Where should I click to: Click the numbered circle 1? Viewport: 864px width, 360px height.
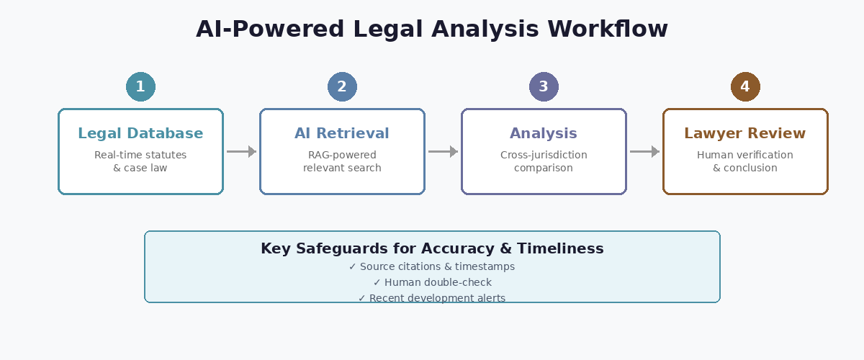click(x=140, y=87)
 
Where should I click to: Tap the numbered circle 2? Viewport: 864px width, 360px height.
click(x=342, y=87)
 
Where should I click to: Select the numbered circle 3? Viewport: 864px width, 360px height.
click(x=544, y=87)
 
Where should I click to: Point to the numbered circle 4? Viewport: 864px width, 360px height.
click(x=745, y=87)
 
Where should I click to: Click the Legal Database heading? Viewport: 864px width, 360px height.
click(x=140, y=133)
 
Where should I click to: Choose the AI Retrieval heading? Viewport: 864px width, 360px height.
click(x=342, y=133)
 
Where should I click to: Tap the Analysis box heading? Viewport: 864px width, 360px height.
click(x=544, y=133)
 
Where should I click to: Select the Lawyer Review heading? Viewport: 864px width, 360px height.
click(x=745, y=133)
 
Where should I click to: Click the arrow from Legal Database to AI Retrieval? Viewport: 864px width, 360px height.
click(x=241, y=151)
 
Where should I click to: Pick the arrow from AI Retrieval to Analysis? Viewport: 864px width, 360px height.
click(x=443, y=151)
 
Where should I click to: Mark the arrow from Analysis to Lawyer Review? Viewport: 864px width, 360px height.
click(x=644, y=151)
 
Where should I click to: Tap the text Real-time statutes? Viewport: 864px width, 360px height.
click(x=140, y=155)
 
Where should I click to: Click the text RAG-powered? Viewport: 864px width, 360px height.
click(x=342, y=155)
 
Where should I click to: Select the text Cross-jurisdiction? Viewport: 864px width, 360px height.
click(x=544, y=155)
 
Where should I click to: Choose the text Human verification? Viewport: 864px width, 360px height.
click(x=745, y=155)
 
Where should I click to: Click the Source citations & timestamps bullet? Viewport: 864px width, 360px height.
click(x=432, y=266)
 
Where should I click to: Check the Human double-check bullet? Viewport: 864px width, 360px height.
click(x=432, y=282)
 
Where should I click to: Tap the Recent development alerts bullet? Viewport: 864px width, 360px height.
click(x=432, y=298)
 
